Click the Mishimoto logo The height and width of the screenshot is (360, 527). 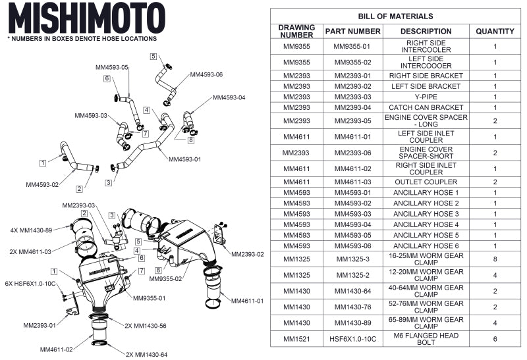point(86,18)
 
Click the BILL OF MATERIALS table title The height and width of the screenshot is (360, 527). point(395,16)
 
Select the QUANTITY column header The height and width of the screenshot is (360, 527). point(495,31)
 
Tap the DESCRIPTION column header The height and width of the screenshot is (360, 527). point(426,31)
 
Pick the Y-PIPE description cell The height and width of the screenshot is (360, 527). point(426,97)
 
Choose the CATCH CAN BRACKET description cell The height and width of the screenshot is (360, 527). point(426,107)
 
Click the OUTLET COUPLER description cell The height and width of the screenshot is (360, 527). point(426,182)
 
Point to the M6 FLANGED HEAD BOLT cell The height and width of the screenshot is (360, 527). point(426,338)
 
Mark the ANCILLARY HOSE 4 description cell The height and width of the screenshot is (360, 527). point(426,224)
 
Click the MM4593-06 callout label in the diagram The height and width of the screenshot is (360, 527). point(206,75)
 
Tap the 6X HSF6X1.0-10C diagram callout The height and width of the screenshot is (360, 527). point(30,284)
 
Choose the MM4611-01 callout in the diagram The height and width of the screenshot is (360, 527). point(247,301)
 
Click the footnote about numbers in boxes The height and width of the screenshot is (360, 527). point(82,39)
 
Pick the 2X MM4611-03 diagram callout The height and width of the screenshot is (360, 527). point(38,251)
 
